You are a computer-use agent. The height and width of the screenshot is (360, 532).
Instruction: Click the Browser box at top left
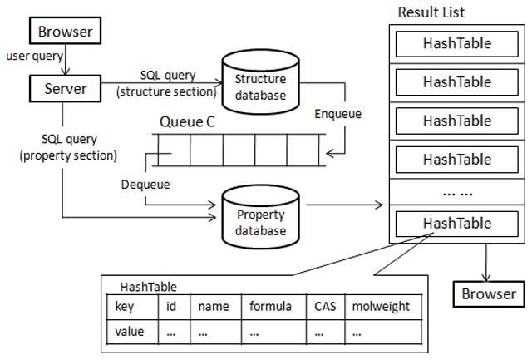point(66,32)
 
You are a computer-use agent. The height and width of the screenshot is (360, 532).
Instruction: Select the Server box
point(61,86)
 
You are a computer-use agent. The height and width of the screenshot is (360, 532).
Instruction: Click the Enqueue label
point(338,114)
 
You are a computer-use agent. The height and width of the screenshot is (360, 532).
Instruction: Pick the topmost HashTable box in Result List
point(456,43)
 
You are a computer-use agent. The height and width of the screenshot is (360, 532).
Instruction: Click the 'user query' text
point(32,57)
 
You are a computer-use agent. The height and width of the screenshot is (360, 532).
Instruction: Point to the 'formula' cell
point(271,306)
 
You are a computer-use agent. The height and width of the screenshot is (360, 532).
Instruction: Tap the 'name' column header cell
point(214,306)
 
